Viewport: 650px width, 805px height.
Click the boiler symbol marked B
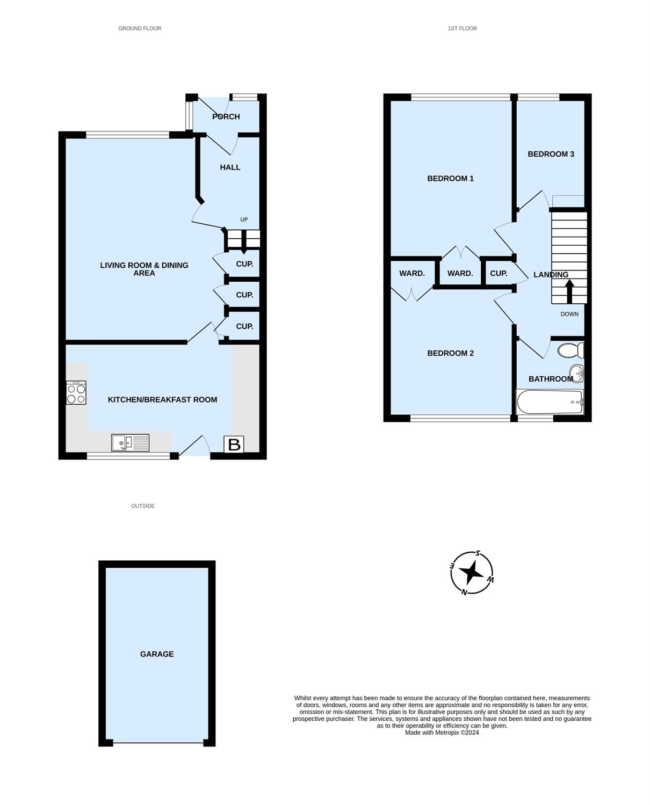tap(234, 444)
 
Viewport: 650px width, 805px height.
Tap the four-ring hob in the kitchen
tap(76, 392)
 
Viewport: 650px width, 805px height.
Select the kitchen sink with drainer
tap(131, 443)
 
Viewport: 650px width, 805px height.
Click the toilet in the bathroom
tap(570, 350)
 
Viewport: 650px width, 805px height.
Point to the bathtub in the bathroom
tap(550, 402)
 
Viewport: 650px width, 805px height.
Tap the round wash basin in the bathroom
tap(576, 374)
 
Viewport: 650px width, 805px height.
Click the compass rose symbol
tap(472, 573)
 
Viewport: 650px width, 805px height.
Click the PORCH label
tap(226, 116)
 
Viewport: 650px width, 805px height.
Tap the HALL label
tap(230, 167)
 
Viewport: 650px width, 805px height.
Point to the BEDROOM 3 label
tap(551, 153)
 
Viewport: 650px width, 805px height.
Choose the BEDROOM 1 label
tap(450, 178)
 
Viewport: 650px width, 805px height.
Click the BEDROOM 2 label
tap(450, 353)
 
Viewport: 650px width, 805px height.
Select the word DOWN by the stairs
tap(569, 314)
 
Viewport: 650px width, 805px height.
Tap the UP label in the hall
tap(244, 219)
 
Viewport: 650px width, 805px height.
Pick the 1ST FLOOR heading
tap(463, 28)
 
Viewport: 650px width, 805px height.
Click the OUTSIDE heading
tap(143, 506)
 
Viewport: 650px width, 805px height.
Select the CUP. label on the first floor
tap(499, 274)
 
